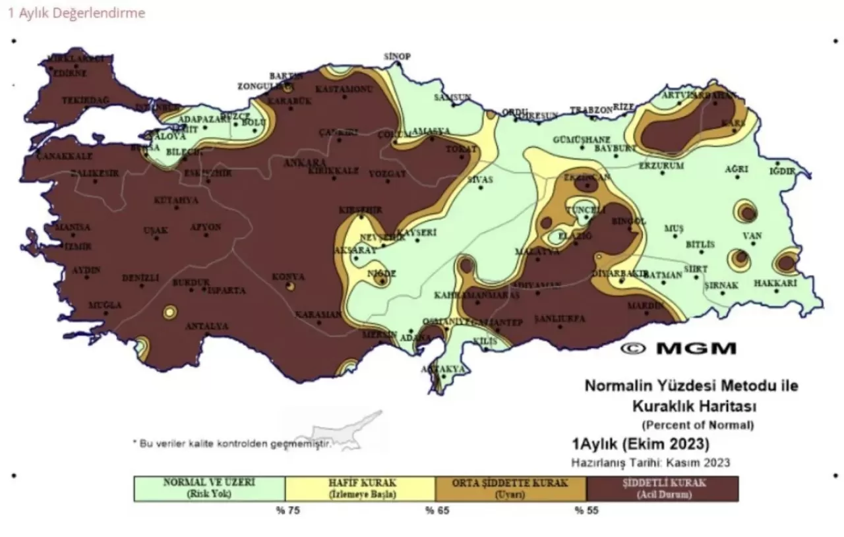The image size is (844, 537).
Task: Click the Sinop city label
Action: (397, 57)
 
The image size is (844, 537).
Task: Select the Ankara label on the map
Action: (304, 162)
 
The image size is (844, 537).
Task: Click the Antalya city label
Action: (206, 326)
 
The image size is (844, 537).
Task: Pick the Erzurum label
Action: (661, 166)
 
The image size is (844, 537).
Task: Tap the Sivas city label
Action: (479, 179)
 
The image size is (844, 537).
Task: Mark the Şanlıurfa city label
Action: (559, 318)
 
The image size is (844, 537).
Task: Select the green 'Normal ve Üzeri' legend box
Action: (209, 488)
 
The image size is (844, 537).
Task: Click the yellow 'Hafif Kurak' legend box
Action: (360, 488)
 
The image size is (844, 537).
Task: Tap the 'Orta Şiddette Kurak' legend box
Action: (510, 488)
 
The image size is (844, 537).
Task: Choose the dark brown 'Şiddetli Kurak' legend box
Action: (662, 488)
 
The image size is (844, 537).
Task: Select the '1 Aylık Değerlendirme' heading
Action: (76, 13)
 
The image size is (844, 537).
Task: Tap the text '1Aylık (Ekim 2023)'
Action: (640, 441)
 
